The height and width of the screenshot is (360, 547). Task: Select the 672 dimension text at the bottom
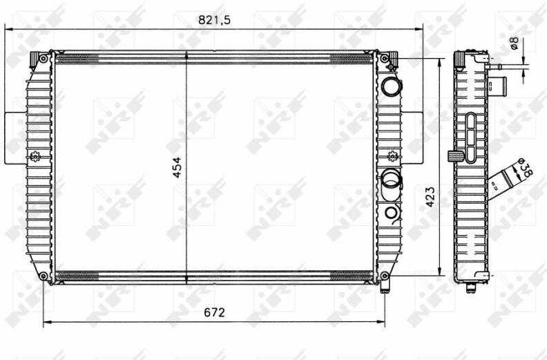[x=214, y=312]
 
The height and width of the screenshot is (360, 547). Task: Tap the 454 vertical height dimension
[x=177, y=167]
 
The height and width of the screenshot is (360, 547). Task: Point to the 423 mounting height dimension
[x=430, y=197]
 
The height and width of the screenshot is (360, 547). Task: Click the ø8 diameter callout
[x=514, y=44]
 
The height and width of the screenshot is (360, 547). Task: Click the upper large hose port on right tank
[x=392, y=86]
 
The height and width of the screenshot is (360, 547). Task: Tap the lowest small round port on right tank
[x=392, y=212]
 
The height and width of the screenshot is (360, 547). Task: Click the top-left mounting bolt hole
[x=44, y=58]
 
